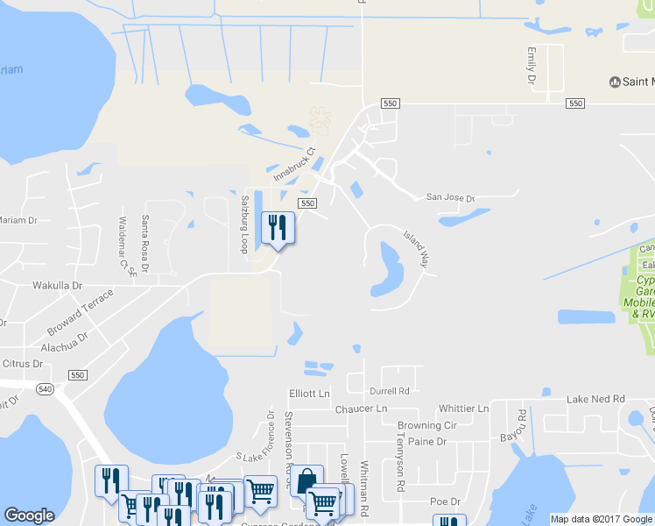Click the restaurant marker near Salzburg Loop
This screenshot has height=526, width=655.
(278, 228)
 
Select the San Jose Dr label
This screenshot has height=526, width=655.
(449, 198)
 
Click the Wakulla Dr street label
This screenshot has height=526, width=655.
(57, 286)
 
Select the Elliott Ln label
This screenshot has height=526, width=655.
(309, 393)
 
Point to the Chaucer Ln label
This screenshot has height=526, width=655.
(360, 409)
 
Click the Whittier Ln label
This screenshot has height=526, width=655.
(463, 409)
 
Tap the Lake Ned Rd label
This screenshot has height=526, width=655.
(595, 400)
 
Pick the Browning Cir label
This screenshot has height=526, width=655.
(426, 425)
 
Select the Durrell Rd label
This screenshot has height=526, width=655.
(390, 391)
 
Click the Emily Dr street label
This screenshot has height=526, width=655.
(531, 67)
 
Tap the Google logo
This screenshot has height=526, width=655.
(29, 515)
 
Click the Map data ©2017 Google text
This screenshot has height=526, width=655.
(601, 519)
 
